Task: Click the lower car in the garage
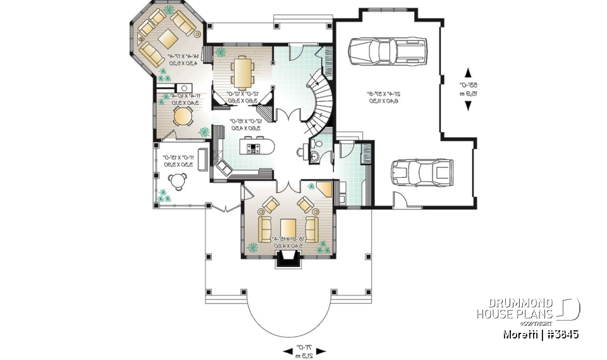421,171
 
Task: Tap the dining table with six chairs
242,72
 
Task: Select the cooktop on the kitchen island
255,149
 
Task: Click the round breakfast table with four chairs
182,116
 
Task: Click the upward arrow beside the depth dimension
469,72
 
